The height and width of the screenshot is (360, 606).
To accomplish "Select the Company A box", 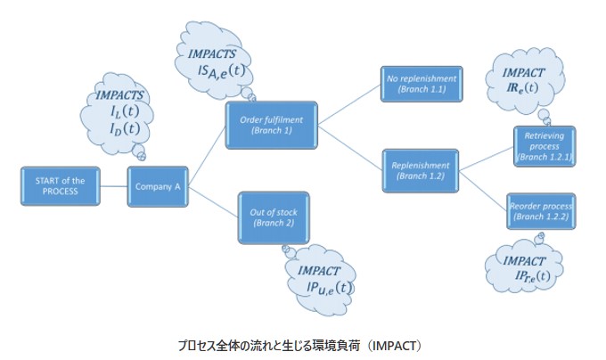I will tap(159, 187).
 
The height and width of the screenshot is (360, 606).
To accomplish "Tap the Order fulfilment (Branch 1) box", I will tap(272, 125).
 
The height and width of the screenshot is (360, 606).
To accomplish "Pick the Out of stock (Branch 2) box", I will tap(273, 217).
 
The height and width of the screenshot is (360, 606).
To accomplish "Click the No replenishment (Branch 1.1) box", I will tap(421, 85).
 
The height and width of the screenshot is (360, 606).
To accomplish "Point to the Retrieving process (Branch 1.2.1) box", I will tap(543, 145).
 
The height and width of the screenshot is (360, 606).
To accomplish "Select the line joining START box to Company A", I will tap(115, 187).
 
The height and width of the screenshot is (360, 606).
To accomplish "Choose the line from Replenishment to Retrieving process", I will tap(485, 157).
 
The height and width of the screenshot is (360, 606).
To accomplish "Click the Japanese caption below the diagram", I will tap(303, 341).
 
